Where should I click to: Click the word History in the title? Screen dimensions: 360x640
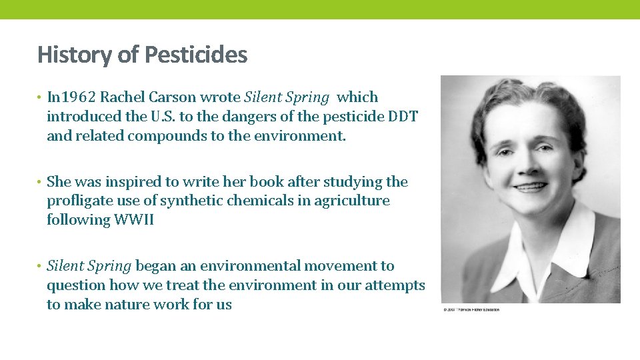click(x=75, y=54)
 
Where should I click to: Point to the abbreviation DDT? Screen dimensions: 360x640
click(x=402, y=117)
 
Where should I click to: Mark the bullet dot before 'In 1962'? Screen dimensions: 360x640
click(x=40, y=98)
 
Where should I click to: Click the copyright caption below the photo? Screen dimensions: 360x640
click(x=470, y=309)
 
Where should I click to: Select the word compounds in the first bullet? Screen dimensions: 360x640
click(x=175, y=136)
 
